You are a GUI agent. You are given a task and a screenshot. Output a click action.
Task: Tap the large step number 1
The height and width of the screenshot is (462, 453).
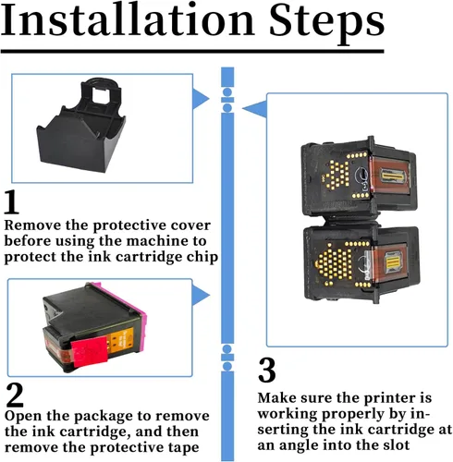[x=12, y=201]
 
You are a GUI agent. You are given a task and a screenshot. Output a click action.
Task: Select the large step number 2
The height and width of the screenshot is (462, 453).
[x=15, y=395]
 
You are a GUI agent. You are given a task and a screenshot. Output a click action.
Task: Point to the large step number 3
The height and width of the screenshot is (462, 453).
[x=266, y=370]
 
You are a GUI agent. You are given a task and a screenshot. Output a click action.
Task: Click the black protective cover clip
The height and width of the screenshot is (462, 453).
[x=81, y=125]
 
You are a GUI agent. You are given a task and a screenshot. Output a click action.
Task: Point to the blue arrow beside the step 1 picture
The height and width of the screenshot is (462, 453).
[x=201, y=99]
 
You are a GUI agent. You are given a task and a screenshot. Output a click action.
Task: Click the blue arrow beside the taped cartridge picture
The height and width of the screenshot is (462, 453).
[x=201, y=295]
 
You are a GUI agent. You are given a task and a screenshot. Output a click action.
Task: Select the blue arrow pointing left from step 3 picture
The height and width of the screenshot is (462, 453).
[x=254, y=109]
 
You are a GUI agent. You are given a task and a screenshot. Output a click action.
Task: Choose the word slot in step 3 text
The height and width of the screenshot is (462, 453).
[x=395, y=444]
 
